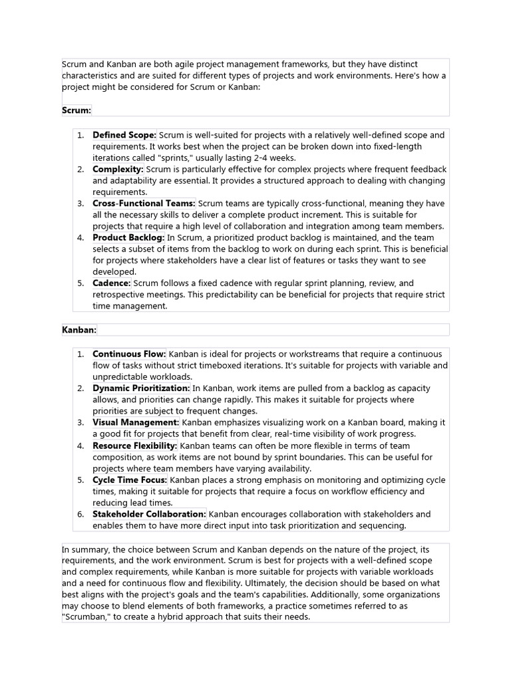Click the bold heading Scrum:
pyautogui.click(x=77, y=110)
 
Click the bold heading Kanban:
pyautogui.click(x=79, y=329)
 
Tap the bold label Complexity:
pyautogui.click(x=118, y=170)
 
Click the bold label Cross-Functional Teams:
pyautogui.click(x=144, y=204)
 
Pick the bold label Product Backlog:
pyautogui.click(x=128, y=237)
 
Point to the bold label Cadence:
pyautogui.click(x=112, y=283)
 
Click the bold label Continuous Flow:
pyautogui.click(x=129, y=354)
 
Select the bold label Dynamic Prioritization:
pyautogui.click(x=141, y=388)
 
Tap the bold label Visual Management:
pyautogui.click(x=136, y=422)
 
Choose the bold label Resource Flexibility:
pyautogui.click(x=135, y=446)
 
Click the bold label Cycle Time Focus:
pyautogui.click(x=130, y=479)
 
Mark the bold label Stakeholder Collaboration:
pyautogui.click(x=150, y=514)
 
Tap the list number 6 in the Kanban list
pyautogui.click(x=80, y=514)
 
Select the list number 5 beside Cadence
pyautogui.click(x=80, y=283)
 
